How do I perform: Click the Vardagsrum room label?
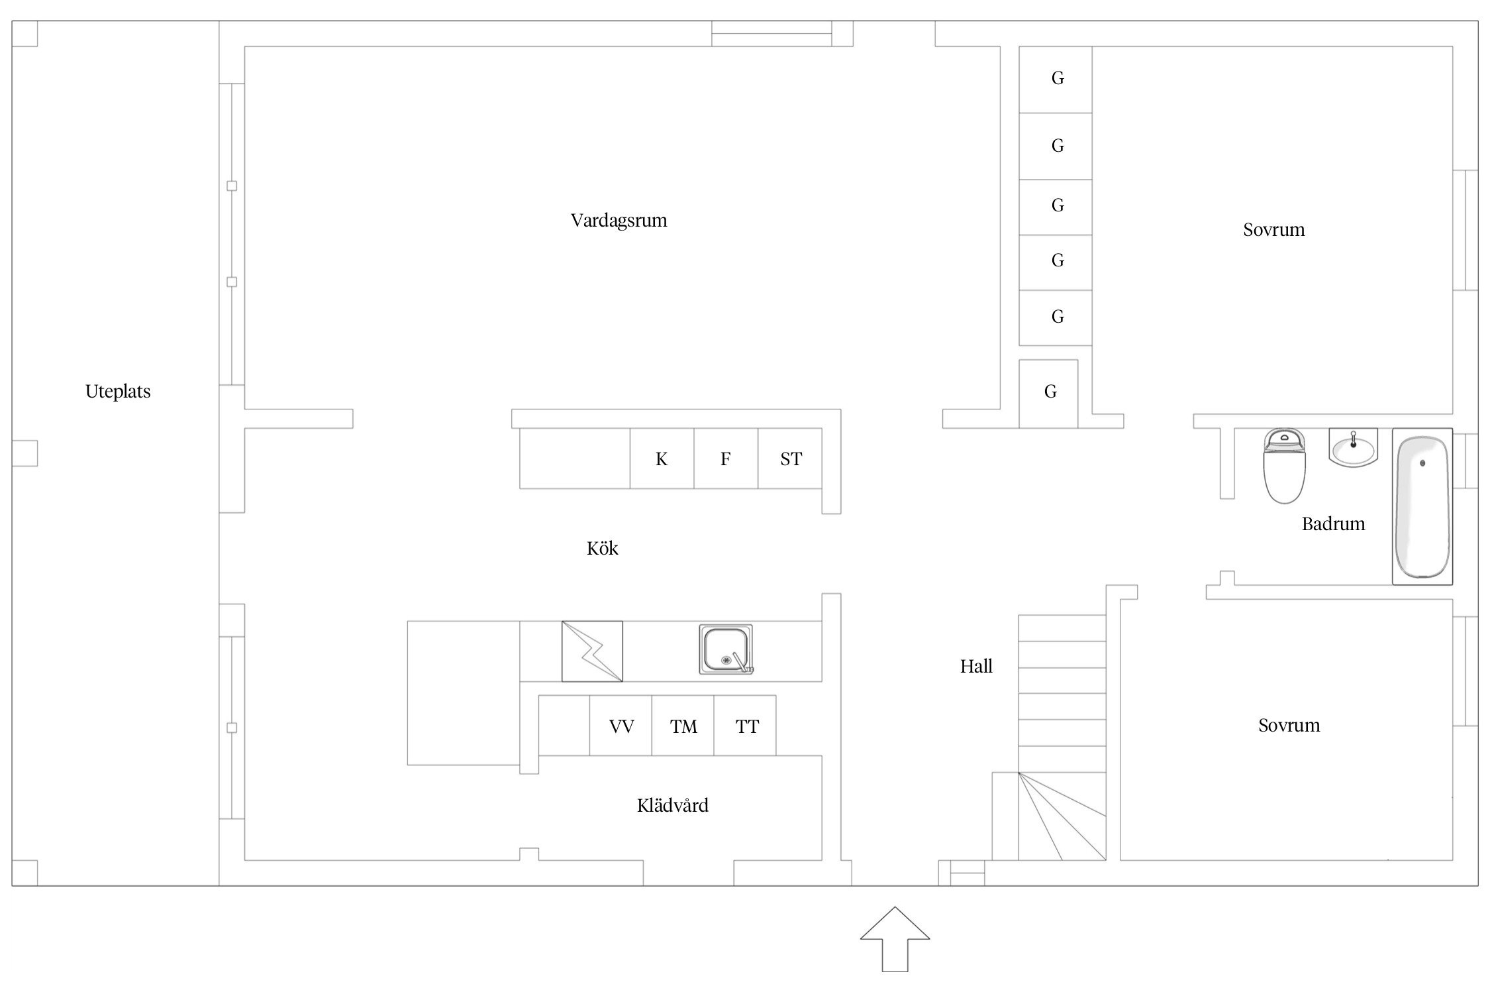coord(619,221)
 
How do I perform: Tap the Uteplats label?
coord(118,392)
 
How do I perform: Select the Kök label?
coord(602,549)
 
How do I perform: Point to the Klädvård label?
coord(672,806)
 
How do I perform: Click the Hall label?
coord(976,667)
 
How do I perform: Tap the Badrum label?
coord(1333,524)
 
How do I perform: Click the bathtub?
coord(1422,506)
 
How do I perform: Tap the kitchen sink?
coord(726,649)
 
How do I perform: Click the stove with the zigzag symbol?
coord(592,651)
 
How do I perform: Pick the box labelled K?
coord(662,459)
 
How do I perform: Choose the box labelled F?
coord(726,459)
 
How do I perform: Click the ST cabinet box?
coord(790,459)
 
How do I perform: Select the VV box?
coord(621,726)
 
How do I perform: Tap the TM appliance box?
coord(683,726)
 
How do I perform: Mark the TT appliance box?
coord(746,726)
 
